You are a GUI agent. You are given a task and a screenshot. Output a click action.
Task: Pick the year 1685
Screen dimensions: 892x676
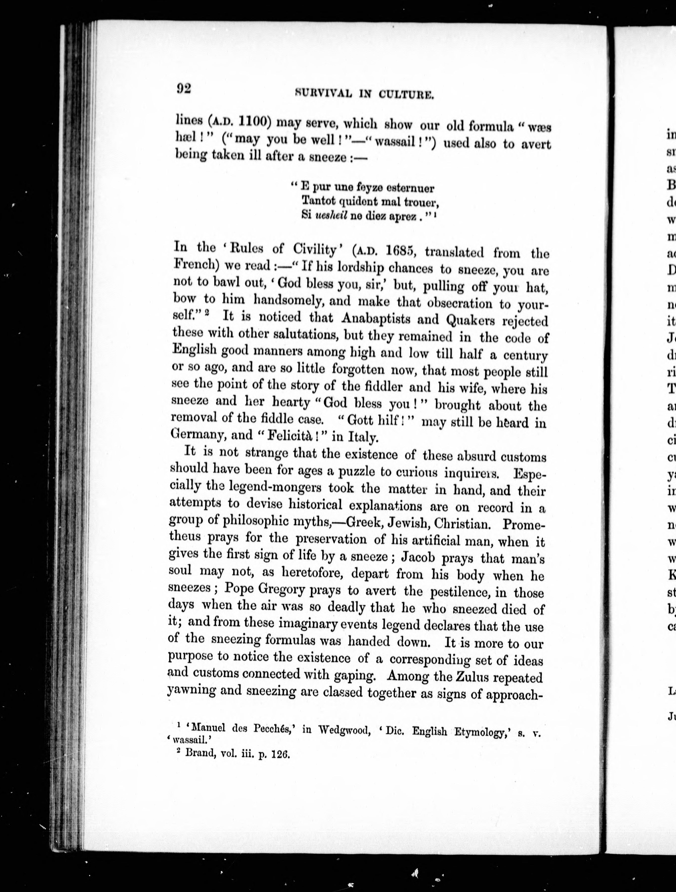399,251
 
